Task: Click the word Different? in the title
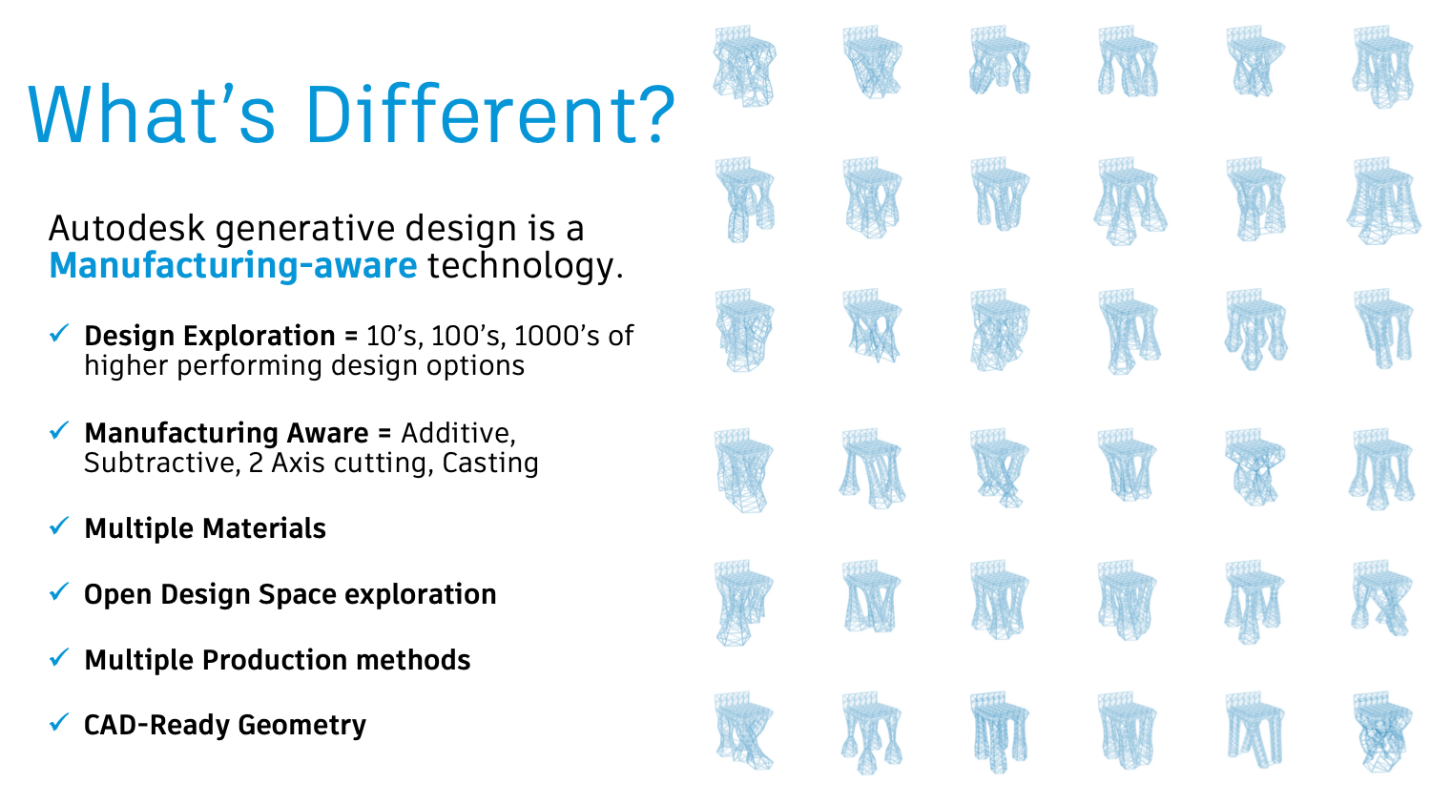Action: (x=489, y=115)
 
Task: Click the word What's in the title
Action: (x=153, y=115)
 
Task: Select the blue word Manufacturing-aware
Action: (x=233, y=265)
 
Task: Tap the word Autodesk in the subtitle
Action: (x=127, y=229)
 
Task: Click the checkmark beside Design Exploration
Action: (x=59, y=333)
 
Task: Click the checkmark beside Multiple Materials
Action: (x=59, y=526)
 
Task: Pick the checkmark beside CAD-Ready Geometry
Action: (x=59, y=722)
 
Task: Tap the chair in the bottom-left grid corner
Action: (x=744, y=731)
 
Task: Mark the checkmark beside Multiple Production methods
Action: (x=59, y=657)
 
